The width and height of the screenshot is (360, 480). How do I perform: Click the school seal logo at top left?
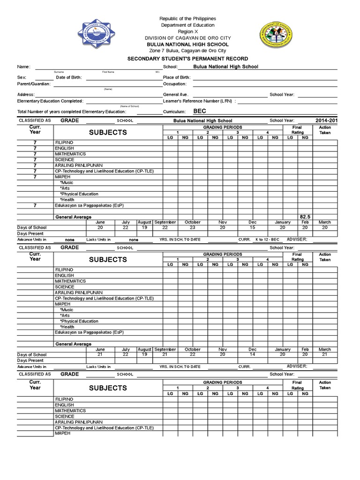click(96, 33)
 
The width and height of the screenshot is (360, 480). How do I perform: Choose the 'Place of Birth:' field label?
click(177, 77)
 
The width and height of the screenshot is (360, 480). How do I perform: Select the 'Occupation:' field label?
click(175, 84)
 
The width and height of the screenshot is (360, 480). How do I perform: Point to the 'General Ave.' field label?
click(175, 95)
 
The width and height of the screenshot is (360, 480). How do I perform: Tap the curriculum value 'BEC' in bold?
click(200, 112)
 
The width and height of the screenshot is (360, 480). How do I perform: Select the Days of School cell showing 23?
click(193, 227)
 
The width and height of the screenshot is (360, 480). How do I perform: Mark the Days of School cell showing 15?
click(253, 227)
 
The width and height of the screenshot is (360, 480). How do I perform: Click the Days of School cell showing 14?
click(253, 355)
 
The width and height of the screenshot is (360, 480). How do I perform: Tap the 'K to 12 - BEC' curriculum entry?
click(267, 240)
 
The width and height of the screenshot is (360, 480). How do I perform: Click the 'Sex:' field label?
click(22, 77)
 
